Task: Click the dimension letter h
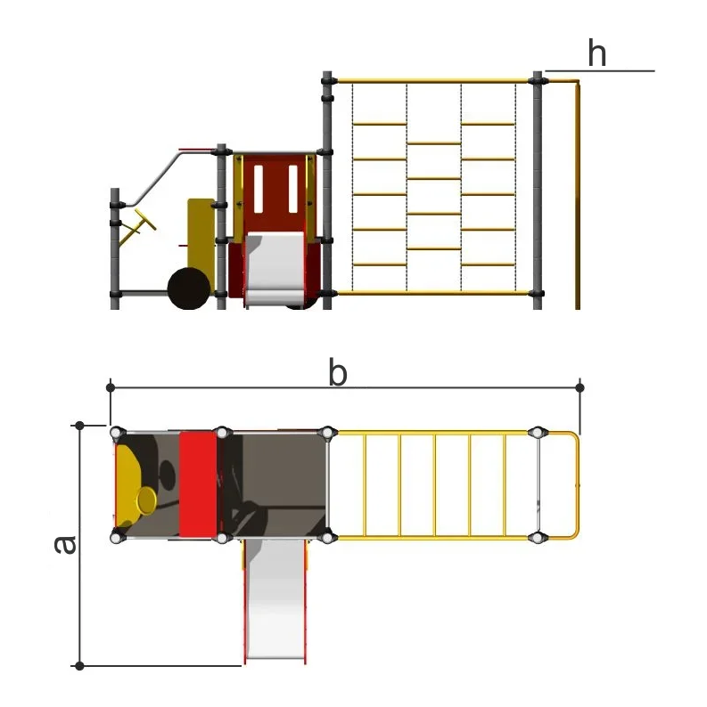[x=596, y=53]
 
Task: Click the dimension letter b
[x=338, y=372]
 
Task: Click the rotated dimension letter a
[x=65, y=545]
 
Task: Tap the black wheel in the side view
[x=189, y=288]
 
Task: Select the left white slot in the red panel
[x=259, y=189]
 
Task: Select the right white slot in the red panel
[x=293, y=189]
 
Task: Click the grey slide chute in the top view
[x=275, y=598]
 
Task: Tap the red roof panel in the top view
[x=198, y=484]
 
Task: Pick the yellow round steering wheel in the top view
[x=147, y=500]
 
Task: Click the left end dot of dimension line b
[x=111, y=387]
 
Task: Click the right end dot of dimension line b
[x=580, y=387]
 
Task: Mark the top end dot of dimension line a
[x=79, y=426]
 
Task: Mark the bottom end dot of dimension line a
[x=79, y=665]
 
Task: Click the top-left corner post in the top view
[x=116, y=433]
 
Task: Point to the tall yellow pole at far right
[x=577, y=195]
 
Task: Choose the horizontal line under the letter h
[x=599, y=71]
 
